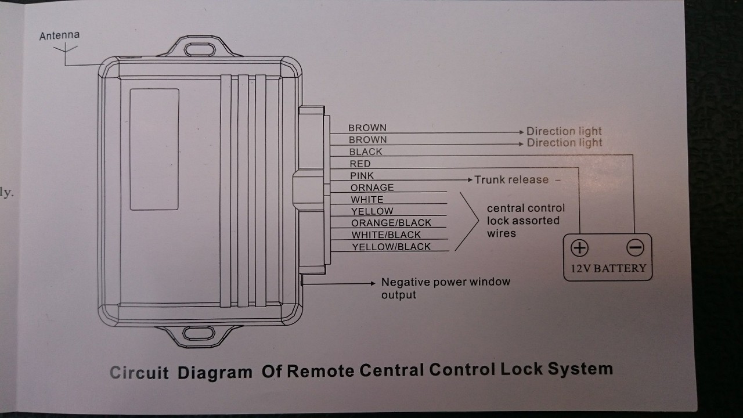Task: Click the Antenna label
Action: [59, 36]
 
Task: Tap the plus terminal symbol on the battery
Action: [579, 248]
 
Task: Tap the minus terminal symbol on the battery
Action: [635, 248]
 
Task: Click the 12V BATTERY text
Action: [608, 268]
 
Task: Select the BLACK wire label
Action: [366, 152]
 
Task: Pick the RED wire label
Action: [360, 164]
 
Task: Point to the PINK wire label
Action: [362, 175]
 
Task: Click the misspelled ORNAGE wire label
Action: [372, 188]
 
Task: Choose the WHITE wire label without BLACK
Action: [367, 200]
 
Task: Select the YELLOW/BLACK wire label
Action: [391, 247]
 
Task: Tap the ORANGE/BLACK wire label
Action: [391, 223]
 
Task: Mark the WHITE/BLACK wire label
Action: [386, 235]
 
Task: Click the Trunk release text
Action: [511, 180]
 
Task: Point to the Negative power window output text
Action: [445, 288]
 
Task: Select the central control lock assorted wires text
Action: [525, 221]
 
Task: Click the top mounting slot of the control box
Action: [200, 48]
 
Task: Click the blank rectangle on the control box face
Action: [154, 149]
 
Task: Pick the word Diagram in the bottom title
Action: [215, 372]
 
